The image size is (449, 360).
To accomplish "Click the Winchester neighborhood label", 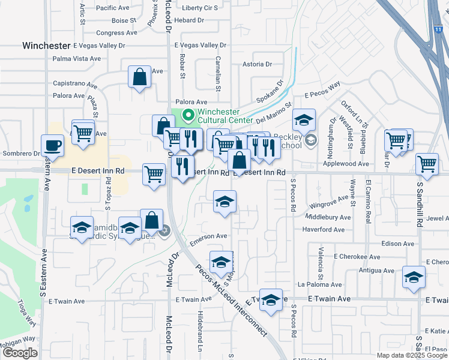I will pyautogui.click(x=46, y=46).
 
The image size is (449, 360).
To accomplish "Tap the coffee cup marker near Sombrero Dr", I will pyautogui.click(x=52, y=146).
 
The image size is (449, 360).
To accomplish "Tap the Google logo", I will pyautogui.click(x=20, y=353).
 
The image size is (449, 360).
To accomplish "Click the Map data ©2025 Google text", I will pyautogui.click(x=411, y=355).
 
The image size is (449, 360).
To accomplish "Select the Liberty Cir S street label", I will pyautogui.click(x=199, y=8).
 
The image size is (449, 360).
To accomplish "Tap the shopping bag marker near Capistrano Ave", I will pyautogui.click(x=139, y=77).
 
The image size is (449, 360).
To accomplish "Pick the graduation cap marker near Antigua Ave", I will pyautogui.click(x=414, y=277).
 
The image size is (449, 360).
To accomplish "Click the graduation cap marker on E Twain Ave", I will pyautogui.click(x=271, y=300).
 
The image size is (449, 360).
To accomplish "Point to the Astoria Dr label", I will pyautogui.click(x=257, y=64).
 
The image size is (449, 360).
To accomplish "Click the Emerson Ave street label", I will pyautogui.click(x=209, y=236).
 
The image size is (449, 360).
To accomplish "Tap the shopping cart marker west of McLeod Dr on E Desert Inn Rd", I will pyautogui.click(x=154, y=175).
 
